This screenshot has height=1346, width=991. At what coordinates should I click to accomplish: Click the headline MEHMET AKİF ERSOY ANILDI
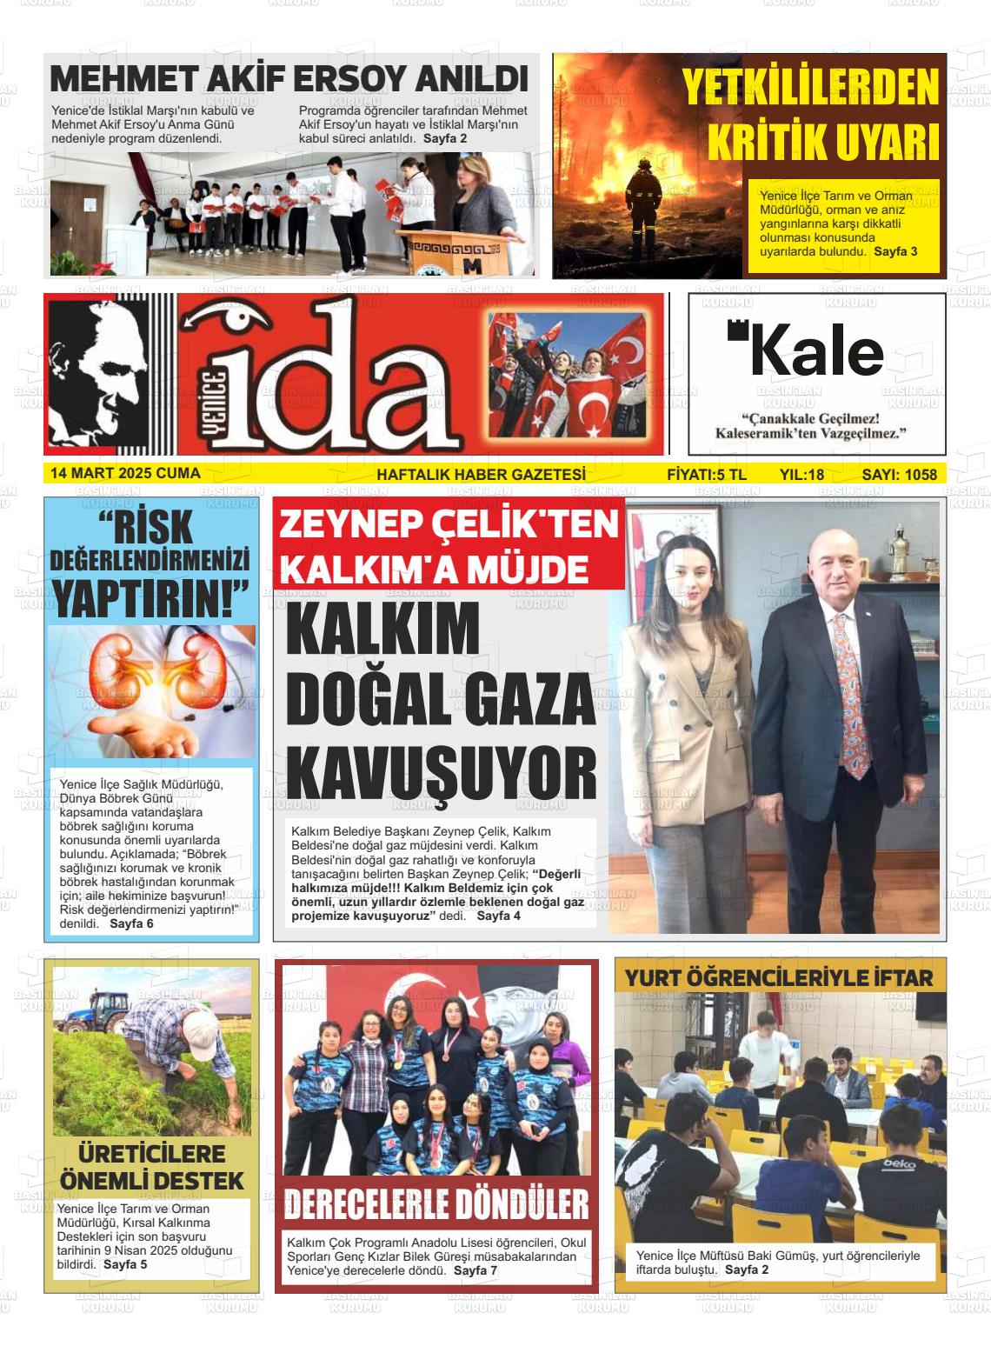coord(289,79)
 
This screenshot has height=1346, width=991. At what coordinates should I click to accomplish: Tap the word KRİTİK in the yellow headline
coord(765,142)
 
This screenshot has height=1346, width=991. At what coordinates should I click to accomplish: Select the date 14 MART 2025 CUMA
coord(125,474)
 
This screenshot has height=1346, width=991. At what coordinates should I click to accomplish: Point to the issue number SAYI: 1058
coord(899,475)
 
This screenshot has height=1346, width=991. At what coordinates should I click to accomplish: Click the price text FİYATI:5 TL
coord(706,475)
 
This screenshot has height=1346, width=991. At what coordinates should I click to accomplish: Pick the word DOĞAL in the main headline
coord(368,700)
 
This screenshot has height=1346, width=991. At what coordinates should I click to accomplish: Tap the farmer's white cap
coord(201,1034)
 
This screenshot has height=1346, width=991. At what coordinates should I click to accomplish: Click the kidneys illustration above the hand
coord(153,670)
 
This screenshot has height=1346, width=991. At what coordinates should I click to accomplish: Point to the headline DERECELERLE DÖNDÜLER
coord(436,1205)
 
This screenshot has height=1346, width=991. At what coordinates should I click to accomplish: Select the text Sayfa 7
coord(476,1270)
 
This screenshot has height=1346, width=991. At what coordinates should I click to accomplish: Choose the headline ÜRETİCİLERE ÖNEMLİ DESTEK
coord(152,1168)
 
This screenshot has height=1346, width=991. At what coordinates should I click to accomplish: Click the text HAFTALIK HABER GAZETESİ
coord(481,475)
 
